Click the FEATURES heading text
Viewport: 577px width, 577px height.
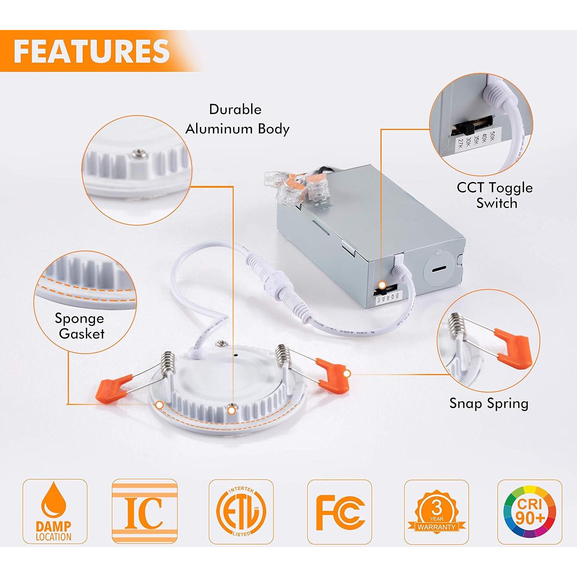coord(92,51)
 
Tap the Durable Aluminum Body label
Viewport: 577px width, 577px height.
coord(237,119)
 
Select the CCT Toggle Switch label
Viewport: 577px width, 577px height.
coord(495,195)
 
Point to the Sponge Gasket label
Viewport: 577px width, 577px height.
coord(80,326)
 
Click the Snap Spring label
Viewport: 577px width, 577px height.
coord(489,404)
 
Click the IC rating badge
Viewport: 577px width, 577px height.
coord(144,512)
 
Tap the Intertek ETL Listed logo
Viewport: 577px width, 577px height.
coord(241,512)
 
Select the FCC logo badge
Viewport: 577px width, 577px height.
coord(340,512)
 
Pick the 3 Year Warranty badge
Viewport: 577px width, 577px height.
coord(437,512)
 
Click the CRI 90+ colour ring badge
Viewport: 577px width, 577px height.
coord(530,512)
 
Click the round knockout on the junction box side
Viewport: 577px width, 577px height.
coord(440,269)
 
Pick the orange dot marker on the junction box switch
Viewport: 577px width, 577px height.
coord(382,285)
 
